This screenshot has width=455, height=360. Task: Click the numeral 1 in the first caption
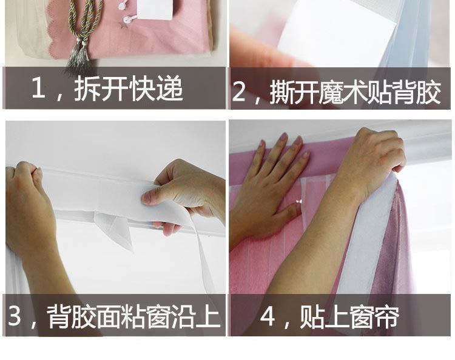click(x=38, y=87)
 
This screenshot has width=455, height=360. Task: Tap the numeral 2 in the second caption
click(x=238, y=92)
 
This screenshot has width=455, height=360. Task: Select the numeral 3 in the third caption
click(x=15, y=315)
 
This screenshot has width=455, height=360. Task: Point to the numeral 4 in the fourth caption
click(x=268, y=316)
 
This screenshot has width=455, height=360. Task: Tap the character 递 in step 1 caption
click(x=170, y=88)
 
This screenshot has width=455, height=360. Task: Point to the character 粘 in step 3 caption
click(x=132, y=316)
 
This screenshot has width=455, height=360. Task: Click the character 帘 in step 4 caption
click(x=386, y=317)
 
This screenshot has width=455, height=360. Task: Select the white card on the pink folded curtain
click(x=155, y=10)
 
